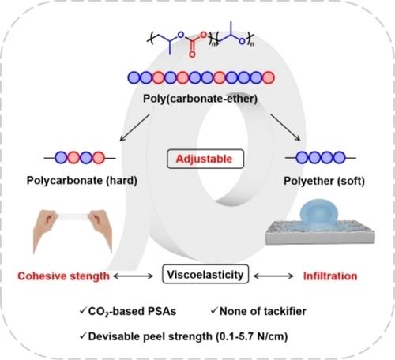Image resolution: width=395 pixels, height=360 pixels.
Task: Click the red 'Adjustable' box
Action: point(205,159)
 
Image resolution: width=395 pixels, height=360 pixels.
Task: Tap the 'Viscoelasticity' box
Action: point(205,274)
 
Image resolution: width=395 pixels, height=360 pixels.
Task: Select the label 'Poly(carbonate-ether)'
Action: point(200,99)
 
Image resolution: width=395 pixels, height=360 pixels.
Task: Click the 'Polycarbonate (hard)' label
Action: point(82,181)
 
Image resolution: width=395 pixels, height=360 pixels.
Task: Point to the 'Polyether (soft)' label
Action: point(324,181)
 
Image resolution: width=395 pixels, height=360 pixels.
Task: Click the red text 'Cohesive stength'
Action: point(63,276)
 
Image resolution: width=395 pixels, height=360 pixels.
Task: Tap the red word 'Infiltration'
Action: point(330,276)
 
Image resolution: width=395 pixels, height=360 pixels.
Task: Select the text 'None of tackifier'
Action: point(263,311)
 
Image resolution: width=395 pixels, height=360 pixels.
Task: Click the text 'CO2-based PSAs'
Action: point(132,312)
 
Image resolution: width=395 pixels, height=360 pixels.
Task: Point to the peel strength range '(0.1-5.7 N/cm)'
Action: point(252,336)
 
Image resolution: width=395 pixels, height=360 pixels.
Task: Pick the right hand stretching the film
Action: point(101,230)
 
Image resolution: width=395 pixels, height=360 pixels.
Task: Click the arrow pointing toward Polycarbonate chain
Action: point(135,127)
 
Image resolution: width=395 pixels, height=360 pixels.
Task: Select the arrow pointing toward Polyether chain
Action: point(285,127)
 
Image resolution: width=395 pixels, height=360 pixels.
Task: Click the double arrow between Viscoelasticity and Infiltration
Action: point(273,276)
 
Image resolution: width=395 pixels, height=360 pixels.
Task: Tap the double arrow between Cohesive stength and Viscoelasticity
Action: point(134,276)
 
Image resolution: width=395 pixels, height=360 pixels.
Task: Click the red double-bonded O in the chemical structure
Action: point(192,54)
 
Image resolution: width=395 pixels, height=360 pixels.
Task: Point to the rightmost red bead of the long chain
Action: point(269,77)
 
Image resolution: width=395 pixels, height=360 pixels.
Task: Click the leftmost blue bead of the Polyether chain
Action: point(303,158)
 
